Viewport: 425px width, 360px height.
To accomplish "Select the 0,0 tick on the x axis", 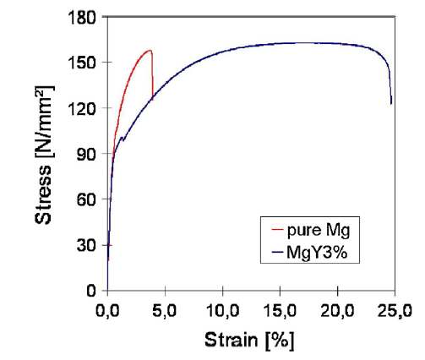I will click(108, 310).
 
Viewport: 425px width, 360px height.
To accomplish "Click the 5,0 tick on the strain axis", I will click(166, 310).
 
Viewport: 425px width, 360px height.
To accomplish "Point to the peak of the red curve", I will click(150, 51).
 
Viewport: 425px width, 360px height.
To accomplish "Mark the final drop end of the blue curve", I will click(391, 104).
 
